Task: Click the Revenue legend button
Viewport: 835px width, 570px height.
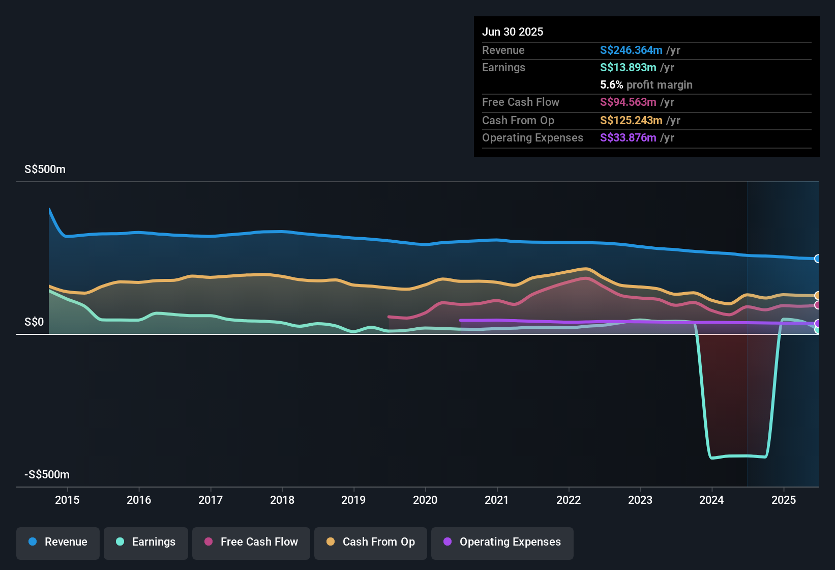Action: pyautogui.click(x=58, y=542)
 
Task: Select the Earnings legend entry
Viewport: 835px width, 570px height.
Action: pyautogui.click(x=146, y=542)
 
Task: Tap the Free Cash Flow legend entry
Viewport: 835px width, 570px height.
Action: pyautogui.click(x=251, y=542)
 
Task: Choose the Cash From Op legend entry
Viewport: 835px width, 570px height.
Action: pyautogui.click(x=371, y=542)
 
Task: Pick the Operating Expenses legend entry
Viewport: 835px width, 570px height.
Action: pyautogui.click(x=502, y=542)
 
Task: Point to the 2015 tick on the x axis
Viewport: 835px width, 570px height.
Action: pyautogui.click(x=67, y=500)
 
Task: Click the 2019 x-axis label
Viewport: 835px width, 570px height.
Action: pyautogui.click(x=353, y=500)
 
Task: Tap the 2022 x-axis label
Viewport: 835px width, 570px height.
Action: pyautogui.click(x=569, y=500)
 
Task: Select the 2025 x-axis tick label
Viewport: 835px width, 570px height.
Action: pyautogui.click(x=784, y=500)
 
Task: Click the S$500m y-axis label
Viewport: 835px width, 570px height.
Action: pyautogui.click(x=45, y=169)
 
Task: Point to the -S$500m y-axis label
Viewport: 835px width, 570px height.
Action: pyautogui.click(x=47, y=475)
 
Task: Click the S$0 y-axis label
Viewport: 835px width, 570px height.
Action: pyautogui.click(x=34, y=322)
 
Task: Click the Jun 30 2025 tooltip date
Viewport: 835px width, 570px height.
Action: pyautogui.click(x=513, y=32)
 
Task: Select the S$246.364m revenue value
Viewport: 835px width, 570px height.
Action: pyautogui.click(x=631, y=50)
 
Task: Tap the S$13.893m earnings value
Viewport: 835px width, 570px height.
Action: pyautogui.click(x=628, y=67)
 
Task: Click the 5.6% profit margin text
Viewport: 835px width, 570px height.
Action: pyautogui.click(x=646, y=84)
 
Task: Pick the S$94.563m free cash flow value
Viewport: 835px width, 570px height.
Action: pyautogui.click(x=628, y=102)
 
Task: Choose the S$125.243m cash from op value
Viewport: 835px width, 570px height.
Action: pyautogui.click(x=631, y=120)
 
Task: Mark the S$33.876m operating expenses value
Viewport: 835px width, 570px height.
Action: pyautogui.click(x=628, y=137)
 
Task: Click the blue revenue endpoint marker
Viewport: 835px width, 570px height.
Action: pyautogui.click(x=817, y=259)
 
